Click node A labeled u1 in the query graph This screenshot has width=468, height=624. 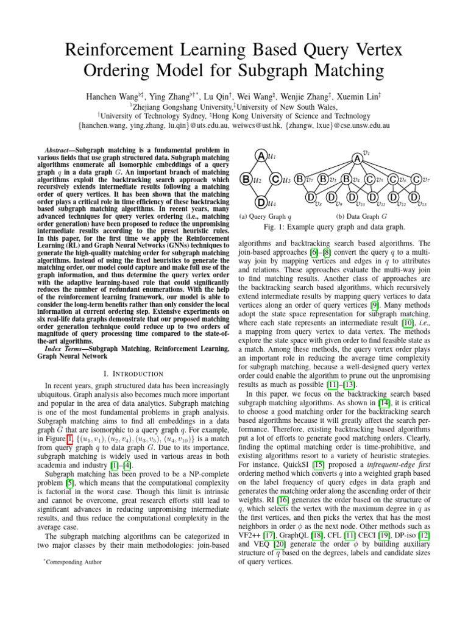(x=260, y=156)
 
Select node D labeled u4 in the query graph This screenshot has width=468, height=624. (x=260, y=202)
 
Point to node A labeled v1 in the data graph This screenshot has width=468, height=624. (x=356, y=158)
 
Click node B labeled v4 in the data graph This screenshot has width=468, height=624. (x=346, y=179)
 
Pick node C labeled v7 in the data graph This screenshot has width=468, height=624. (x=416, y=179)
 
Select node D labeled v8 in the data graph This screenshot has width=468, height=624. (x=310, y=197)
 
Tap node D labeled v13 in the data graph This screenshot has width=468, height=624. (x=414, y=197)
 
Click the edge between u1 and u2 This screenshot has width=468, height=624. (x=252, y=168)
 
